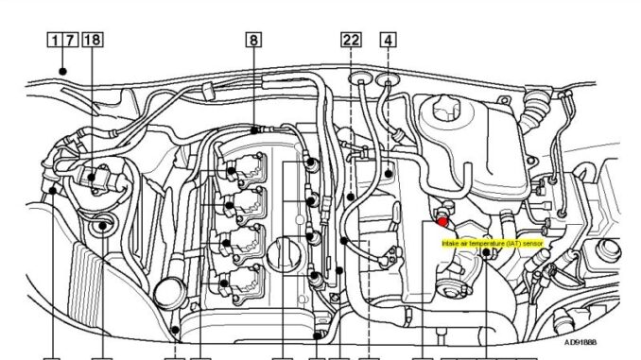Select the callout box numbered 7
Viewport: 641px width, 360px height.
point(70,40)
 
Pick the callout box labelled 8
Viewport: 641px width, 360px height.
point(253,40)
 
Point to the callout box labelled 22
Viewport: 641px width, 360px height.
point(350,40)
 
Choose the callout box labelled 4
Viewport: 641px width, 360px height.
point(388,40)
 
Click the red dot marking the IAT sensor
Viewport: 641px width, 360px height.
point(442,221)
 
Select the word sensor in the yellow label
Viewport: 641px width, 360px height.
point(534,243)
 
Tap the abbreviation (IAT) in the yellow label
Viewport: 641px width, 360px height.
point(514,243)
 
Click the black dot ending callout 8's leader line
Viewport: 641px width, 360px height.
point(253,128)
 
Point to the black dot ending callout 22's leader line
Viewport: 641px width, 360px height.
point(350,197)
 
